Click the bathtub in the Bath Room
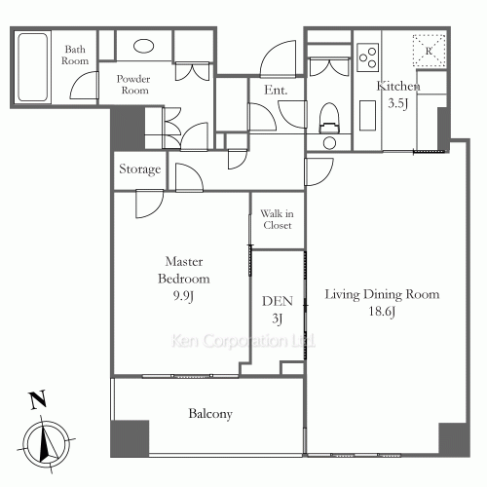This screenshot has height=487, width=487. point(33,67)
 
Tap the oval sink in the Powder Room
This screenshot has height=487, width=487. point(144,46)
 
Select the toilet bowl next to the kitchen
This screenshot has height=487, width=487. point(329,118)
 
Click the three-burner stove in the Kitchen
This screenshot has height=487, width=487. point(368,57)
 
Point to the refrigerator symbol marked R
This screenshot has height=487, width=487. point(429,51)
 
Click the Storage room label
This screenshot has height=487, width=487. point(140,169)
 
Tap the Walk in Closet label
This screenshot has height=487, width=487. point(278,219)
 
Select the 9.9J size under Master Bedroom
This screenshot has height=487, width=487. point(183,296)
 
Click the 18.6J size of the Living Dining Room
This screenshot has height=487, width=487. point(382,312)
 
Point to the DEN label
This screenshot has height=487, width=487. point(278,301)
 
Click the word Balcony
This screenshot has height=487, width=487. point(210,414)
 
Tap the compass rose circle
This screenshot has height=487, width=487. point(48,443)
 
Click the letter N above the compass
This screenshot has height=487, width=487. point(38,399)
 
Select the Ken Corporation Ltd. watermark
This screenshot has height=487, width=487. point(243,341)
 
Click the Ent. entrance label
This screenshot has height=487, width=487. point(276,90)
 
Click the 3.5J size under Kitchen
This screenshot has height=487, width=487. point(398,103)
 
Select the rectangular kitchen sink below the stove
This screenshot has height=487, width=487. point(368,115)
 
